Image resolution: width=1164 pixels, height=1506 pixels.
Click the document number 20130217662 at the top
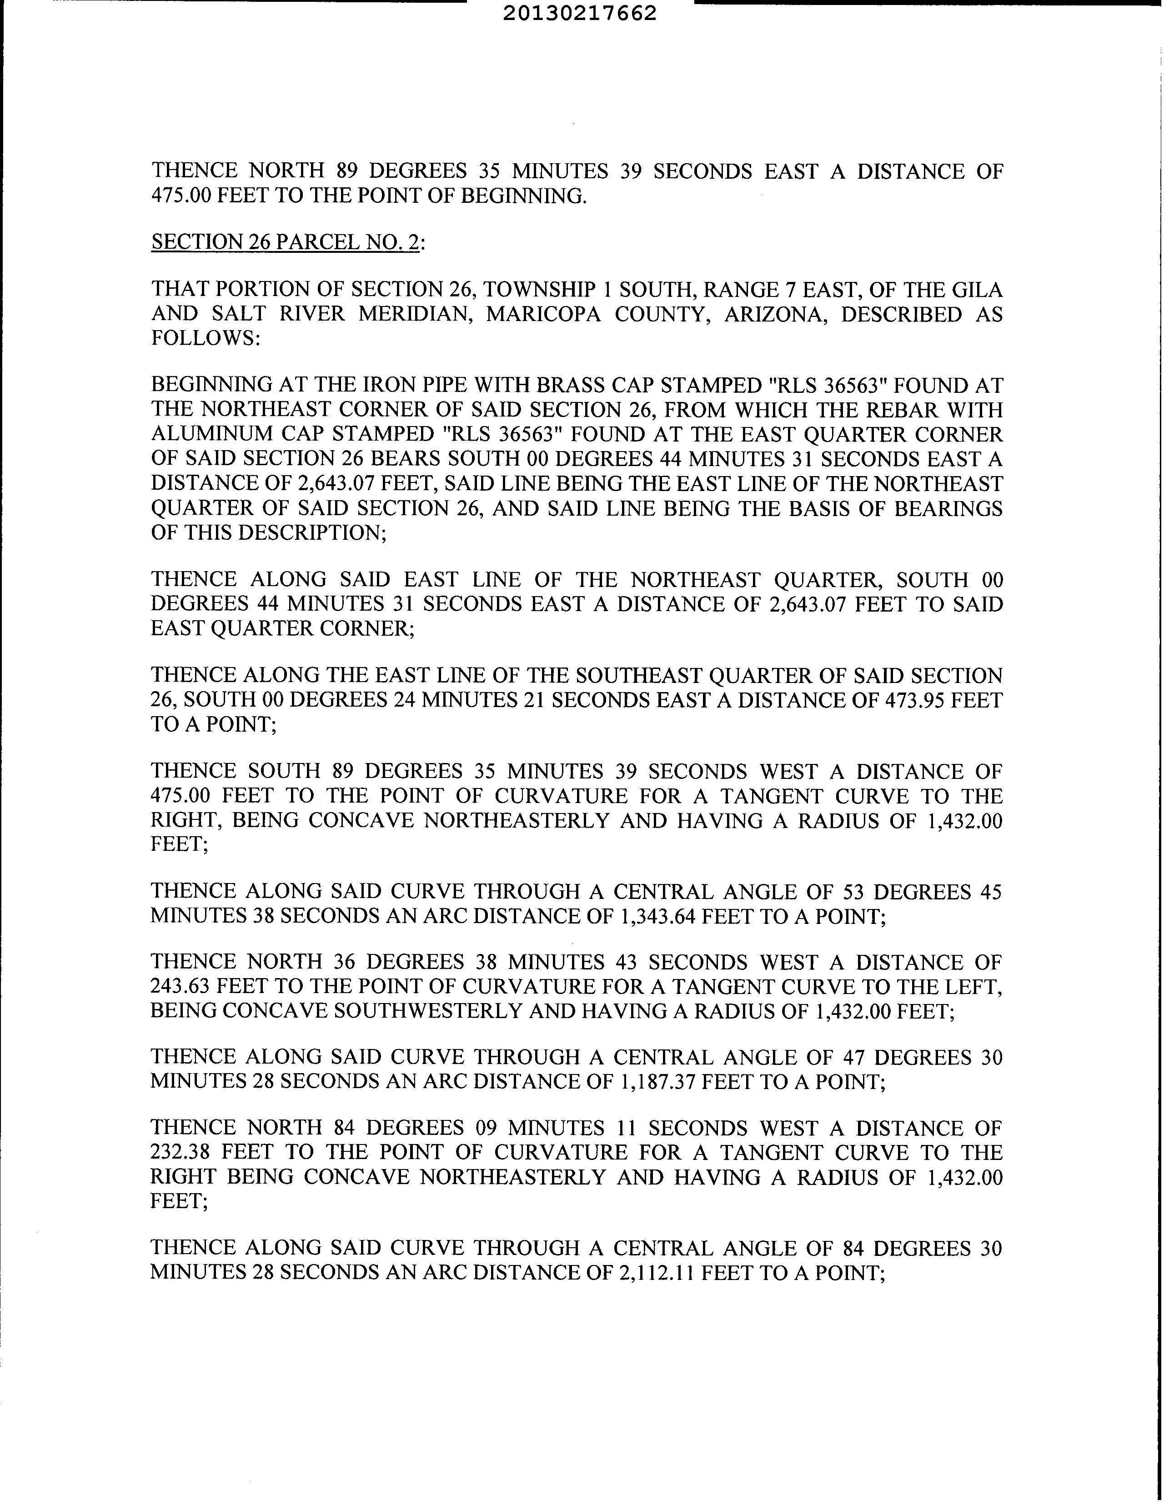[580, 14]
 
